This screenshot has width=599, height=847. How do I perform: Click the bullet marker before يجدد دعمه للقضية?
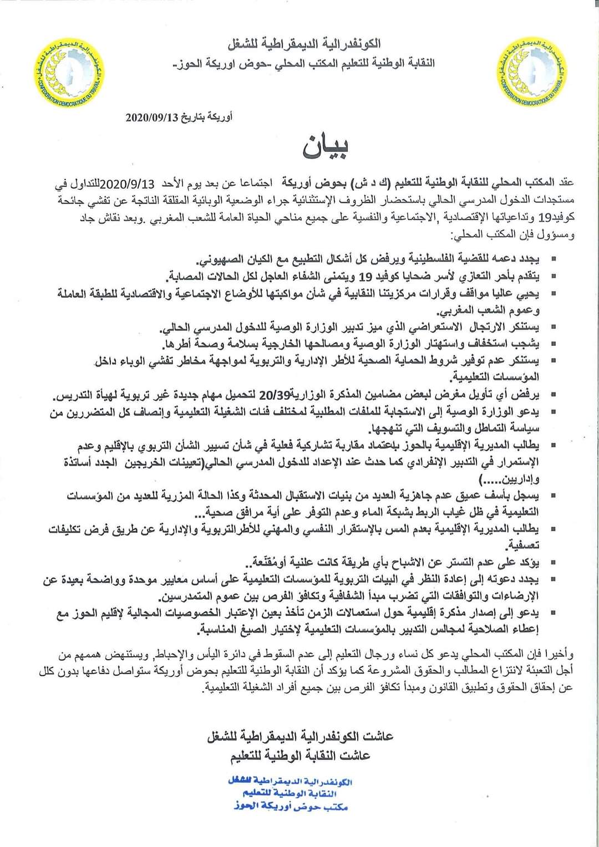[x=552, y=259]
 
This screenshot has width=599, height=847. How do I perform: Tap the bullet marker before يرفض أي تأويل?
[x=552, y=395]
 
